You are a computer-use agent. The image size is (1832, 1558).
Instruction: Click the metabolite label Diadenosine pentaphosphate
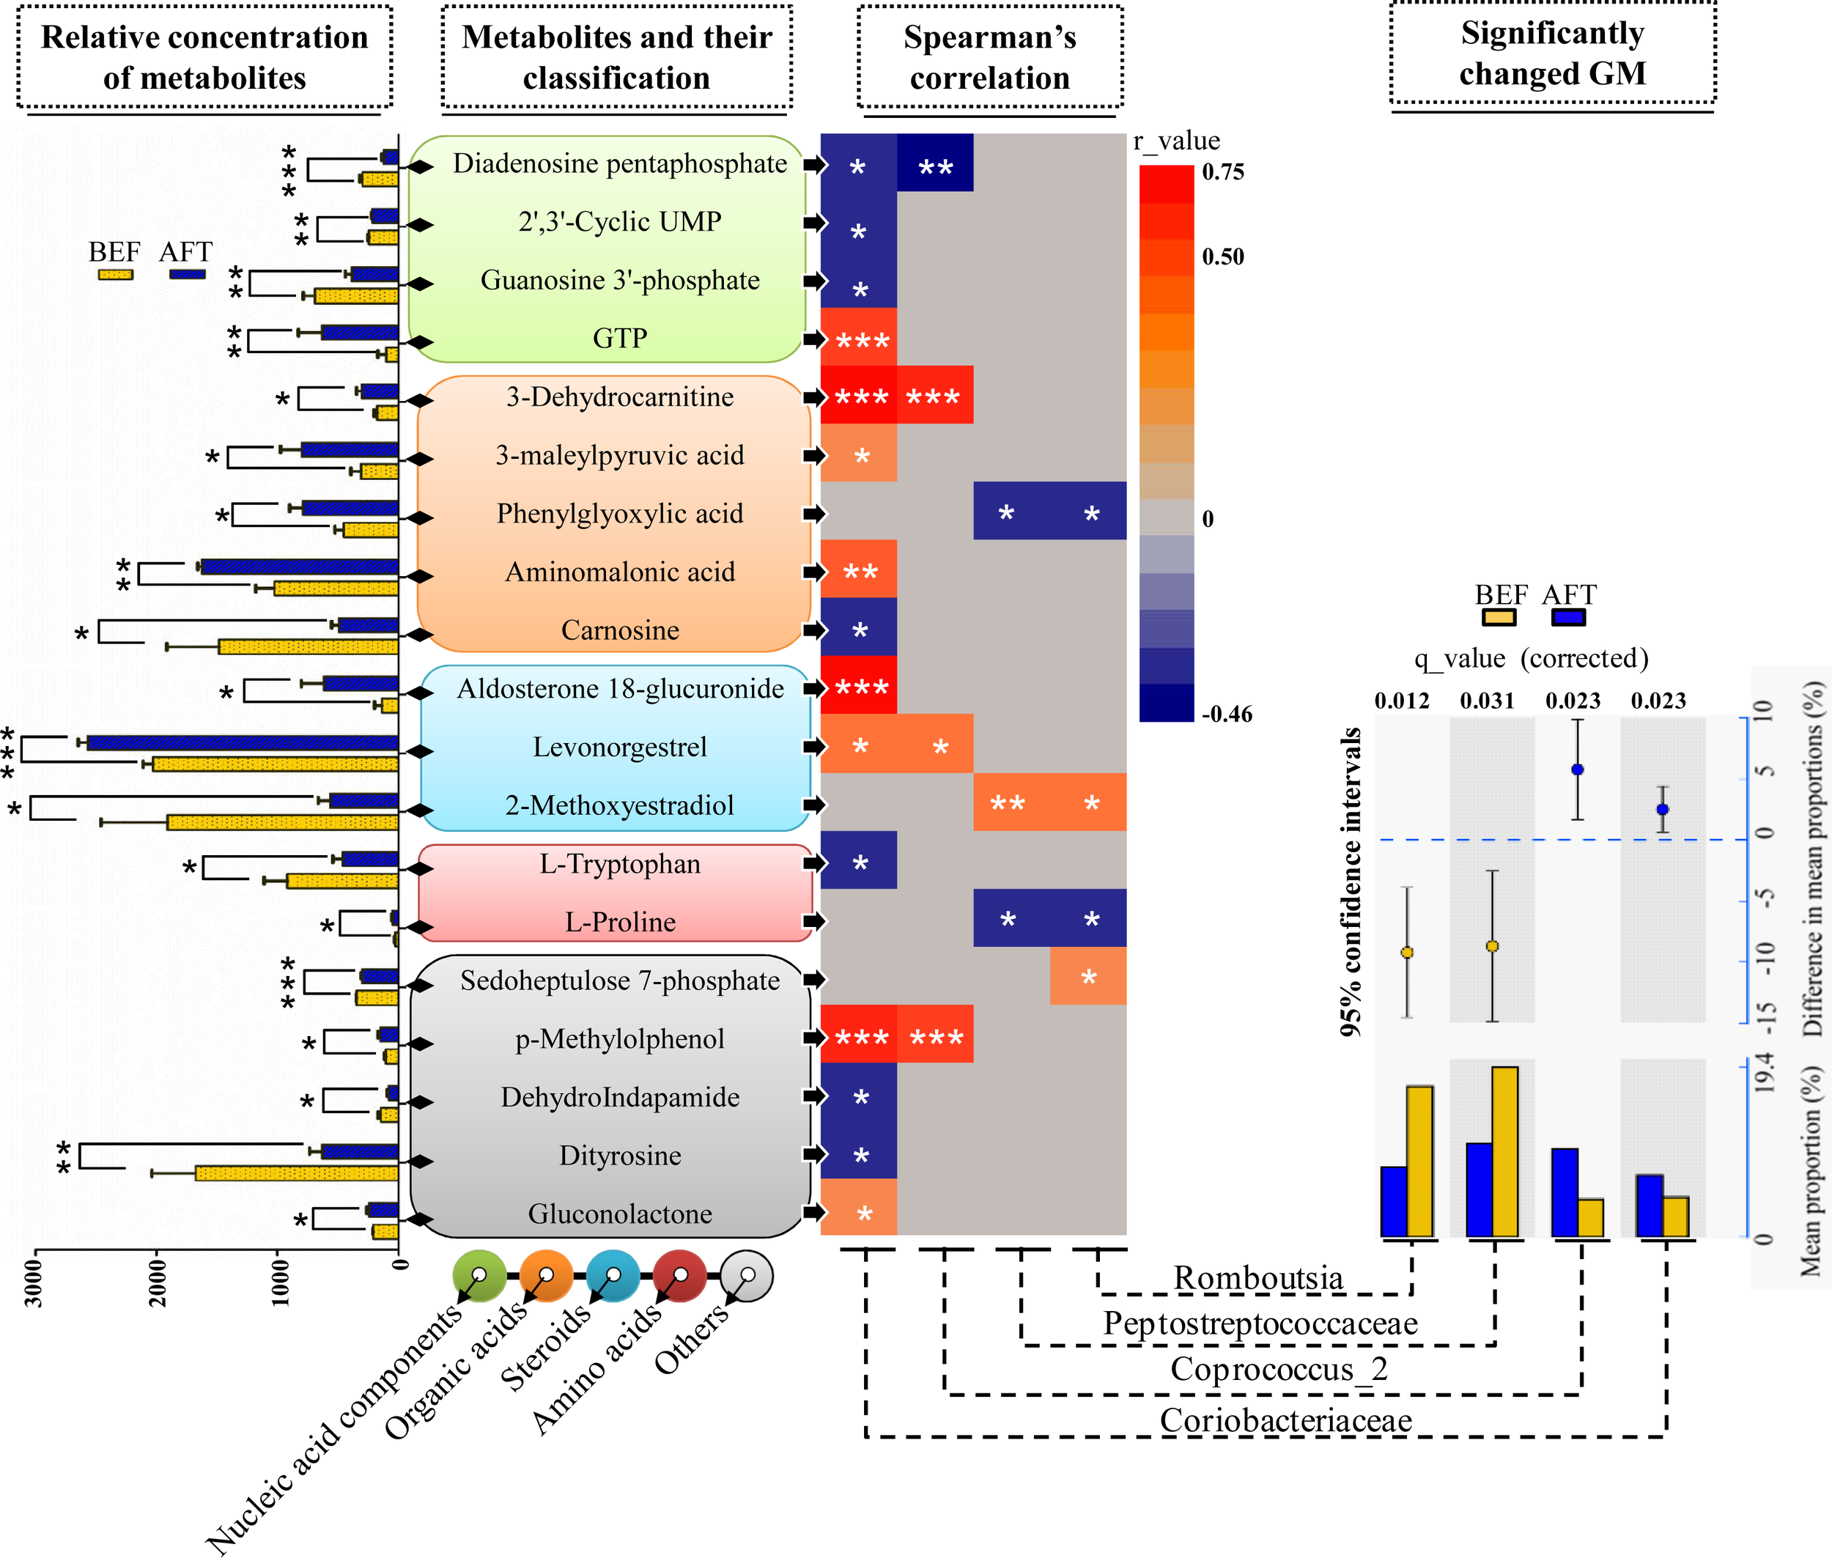[x=619, y=163]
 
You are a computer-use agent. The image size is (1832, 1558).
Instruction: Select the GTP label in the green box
[x=619, y=339]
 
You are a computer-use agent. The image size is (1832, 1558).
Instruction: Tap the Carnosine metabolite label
[x=619, y=631]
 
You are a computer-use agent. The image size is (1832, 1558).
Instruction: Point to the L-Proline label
[x=619, y=922]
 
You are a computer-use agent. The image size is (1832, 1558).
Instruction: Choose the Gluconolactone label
[x=619, y=1214]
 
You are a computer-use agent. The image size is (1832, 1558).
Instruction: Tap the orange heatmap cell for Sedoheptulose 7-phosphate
[x=1087, y=976]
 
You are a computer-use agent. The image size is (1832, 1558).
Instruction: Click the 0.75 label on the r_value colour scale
[x=1222, y=172]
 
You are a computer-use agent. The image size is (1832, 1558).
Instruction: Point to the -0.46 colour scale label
[x=1227, y=714]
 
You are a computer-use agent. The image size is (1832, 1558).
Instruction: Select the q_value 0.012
[x=1401, y=701]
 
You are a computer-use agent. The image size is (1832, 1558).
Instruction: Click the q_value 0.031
[x=1487, y=701]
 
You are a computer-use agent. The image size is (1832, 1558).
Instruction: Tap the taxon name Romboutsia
[x=1257, y=1278]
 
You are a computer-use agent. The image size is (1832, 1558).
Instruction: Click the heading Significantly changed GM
[x=1552, y=53]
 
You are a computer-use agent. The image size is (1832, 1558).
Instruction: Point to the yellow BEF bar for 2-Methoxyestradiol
[x=282, y=822]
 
